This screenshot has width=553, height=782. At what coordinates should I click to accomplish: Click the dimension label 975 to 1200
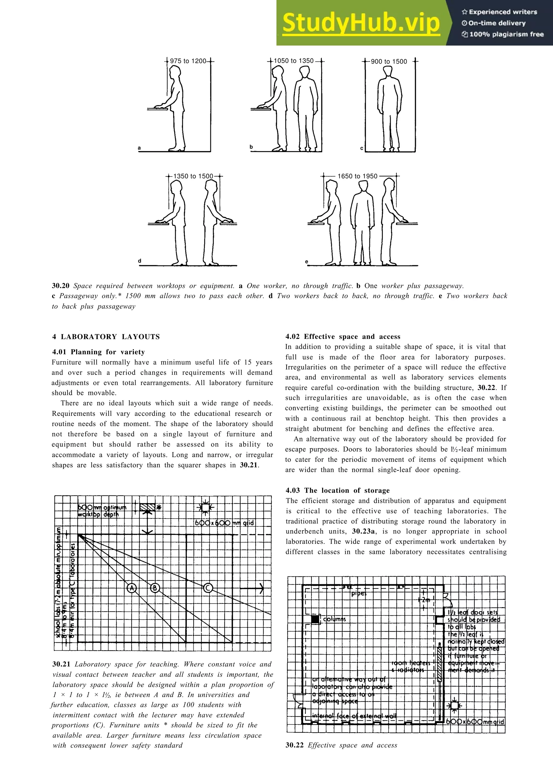tap(188, 61)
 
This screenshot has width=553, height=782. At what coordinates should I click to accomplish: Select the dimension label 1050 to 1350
tap(294, 61)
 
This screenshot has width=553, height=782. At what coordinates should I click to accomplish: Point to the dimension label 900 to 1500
tap(389, 61)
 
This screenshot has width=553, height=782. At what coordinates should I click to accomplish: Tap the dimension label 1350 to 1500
tap(193, 176)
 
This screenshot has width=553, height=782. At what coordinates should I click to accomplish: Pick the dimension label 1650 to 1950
tap(358, 176)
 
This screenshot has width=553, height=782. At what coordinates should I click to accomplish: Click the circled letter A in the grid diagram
tap(131, 588)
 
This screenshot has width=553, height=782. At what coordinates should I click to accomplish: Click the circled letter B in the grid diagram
tap(155, 588)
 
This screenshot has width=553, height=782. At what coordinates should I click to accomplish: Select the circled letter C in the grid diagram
tap(208, 588)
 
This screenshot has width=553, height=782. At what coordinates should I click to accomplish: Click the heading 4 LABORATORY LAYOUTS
tap(106, 337)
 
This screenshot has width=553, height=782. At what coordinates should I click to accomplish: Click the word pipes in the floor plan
tap(359, 594)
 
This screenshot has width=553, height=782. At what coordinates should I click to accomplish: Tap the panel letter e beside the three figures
tap(307, 261)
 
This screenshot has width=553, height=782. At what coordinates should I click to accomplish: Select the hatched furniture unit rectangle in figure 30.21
tap(147, 508)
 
